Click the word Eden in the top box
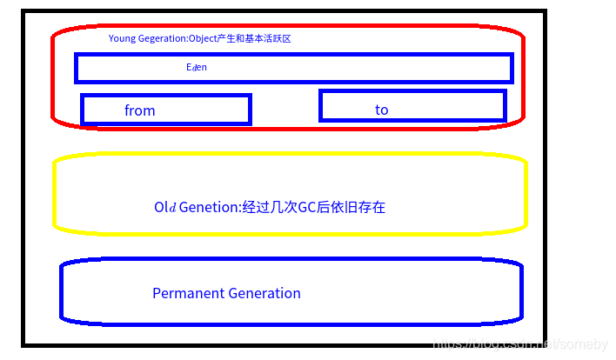coord(197,67)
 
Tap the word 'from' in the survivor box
coord(139,110)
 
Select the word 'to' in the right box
coord(381,110)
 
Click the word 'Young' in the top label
coord(123,39)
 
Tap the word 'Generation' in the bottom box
coord(264,293)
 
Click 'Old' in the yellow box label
coord(165,207)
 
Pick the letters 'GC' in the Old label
coord(307,207)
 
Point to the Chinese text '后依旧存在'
coord(352,207)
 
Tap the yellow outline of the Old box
coord(55,193)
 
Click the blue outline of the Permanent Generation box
coord(62,291)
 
